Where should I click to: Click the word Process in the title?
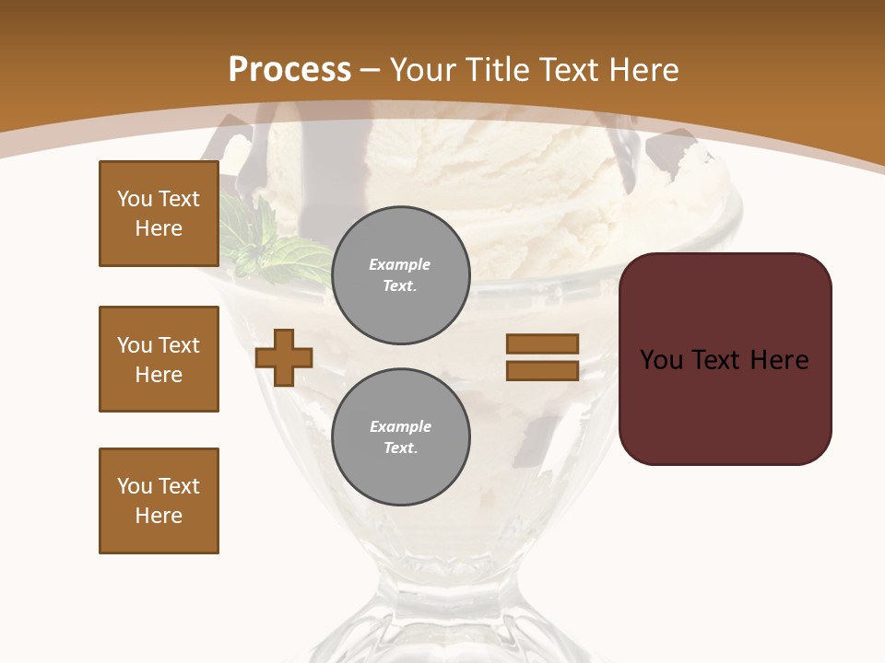(289, 70)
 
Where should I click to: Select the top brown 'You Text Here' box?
(159, 214)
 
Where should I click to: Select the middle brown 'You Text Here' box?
(159, 359)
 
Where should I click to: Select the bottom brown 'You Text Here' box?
(159, 501)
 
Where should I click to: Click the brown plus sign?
(284, 357)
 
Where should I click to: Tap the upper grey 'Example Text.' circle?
(401, 274)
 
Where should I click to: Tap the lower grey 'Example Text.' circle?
(401, 436)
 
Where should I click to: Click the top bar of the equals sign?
(542, 343)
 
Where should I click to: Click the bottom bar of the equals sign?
(542, 370)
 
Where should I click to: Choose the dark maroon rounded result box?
(726, 358)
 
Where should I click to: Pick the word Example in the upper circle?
(400, 264)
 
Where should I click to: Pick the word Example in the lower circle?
(400, 426)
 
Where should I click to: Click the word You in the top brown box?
(133, 199)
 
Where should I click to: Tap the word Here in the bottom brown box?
(159, 516)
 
